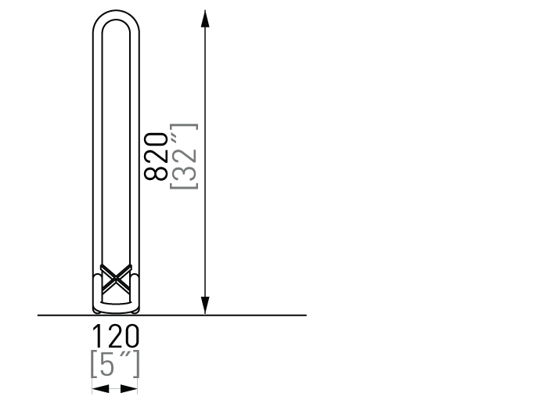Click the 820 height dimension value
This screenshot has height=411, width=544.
click(156, 157)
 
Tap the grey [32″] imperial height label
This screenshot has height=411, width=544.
click(184, 157)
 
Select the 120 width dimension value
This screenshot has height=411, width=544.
click(116, 336)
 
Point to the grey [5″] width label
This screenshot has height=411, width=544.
click(115, 364)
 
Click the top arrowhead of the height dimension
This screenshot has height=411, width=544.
click(205, 19)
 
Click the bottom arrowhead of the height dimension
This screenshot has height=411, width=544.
click(205, 305)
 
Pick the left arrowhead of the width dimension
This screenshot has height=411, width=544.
click(101, 389)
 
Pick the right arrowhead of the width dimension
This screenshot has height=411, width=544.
click(129, 389)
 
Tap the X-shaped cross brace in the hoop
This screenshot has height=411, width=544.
click(116, 279)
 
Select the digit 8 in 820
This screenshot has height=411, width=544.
click(156, 173)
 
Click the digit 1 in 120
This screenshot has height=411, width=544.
click(96, 336)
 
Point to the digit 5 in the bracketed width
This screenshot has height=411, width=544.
click(107, 364)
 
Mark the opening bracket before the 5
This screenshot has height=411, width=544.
click(93, 364)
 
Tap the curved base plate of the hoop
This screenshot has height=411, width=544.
click(116, 308)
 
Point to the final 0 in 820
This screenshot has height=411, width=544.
click(156, 140)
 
